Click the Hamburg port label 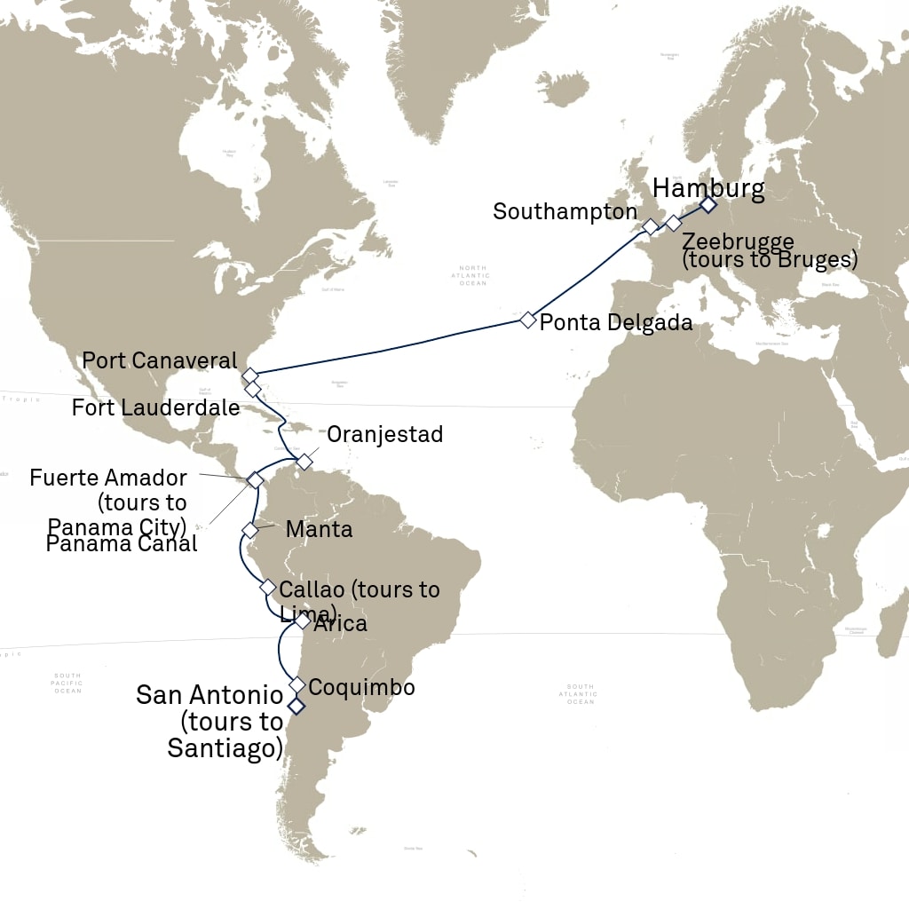click(x=707, y=188)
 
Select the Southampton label click(x=565, y=212)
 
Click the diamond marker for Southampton click(x=650, y=227)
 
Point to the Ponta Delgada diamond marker click(x=528, y=320)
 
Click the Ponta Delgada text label click(x=616, y=322)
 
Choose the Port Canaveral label click(x=160, y=360)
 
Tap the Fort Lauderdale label click(x=156, y=408)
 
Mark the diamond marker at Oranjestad click(x=304, y=462)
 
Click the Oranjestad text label click(x=384, y=435)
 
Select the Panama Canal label click(x=122, y=544)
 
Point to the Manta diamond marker click(x=250, y=530)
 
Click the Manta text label click(x=319, y=530)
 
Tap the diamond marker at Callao click(x=268, y=587)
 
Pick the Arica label click(x=340, y=624)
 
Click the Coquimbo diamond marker click(x=297, y=685)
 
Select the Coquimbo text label click(x=362, y=688)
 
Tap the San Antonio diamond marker click(x=295, y=706)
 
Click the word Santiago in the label click(x=225, y=748)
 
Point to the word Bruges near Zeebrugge click(x=817, y=261)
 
